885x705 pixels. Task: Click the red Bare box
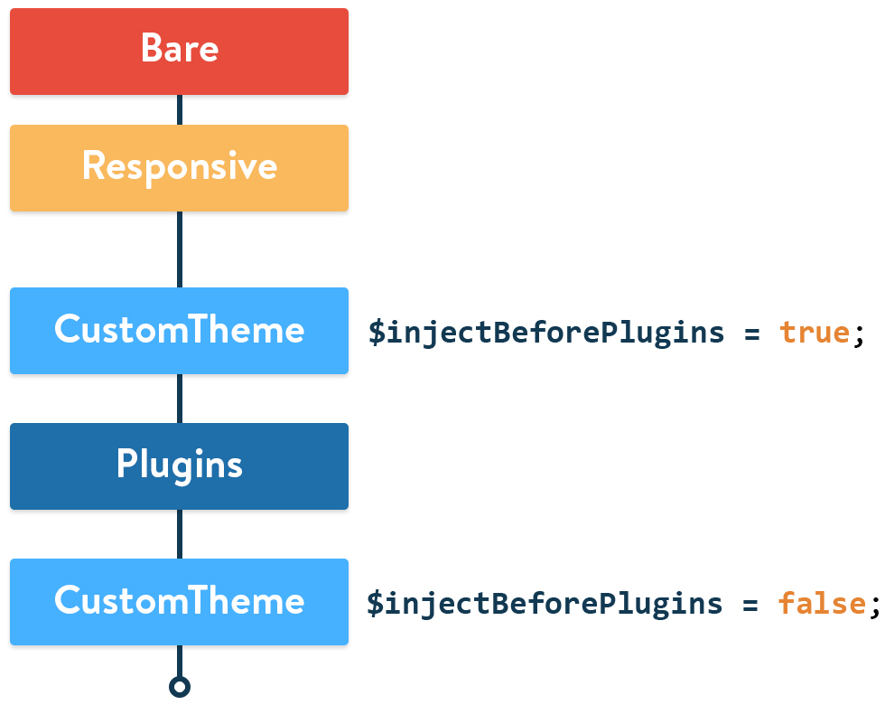[x=179, y=51]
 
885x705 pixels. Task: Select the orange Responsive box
[x=179, y=168]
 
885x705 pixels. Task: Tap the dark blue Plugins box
[x=179, y=466]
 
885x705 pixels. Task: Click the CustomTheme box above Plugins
[x=179, y=331]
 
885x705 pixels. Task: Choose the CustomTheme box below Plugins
[x=179, y=602]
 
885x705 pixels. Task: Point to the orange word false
[x=822, y=604]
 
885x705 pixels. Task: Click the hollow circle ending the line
[x=180, y=687]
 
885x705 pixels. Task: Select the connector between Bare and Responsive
[x=180, y=109]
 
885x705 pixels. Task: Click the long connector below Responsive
[x=180, y=249]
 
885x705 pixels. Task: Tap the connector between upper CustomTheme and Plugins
[x=180, y=399]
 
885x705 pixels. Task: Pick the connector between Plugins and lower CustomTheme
[x=180, y=534]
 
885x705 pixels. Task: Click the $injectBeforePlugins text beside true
[x=546, y=333]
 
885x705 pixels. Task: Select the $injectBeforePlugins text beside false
[x=545, y=604]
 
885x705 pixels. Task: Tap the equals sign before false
[x=750, y=605]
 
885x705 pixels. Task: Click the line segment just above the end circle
[x=180, y=661]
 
